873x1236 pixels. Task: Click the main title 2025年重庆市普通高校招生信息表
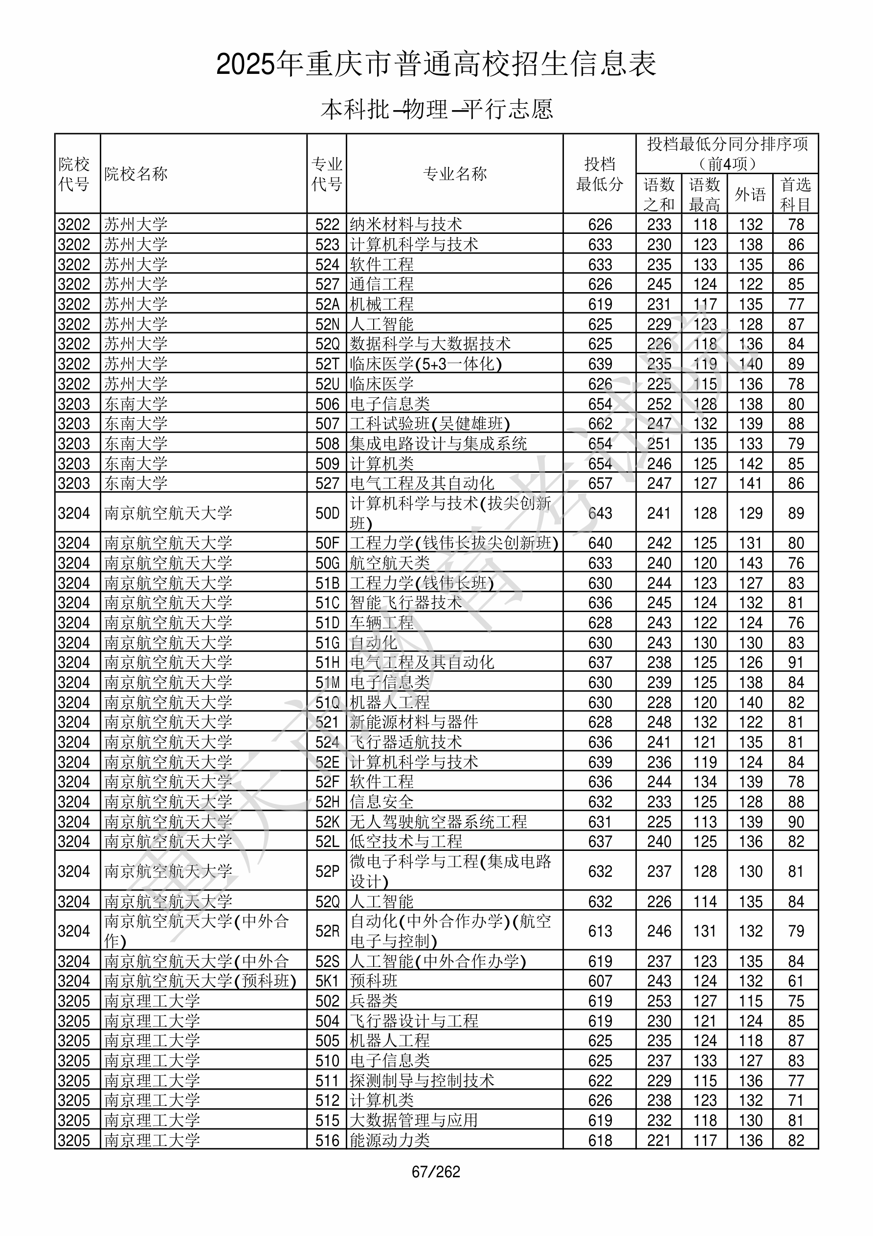coord(436,65)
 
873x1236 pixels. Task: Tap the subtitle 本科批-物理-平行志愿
coord(436,109)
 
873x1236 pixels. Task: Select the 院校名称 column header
coord(135,174)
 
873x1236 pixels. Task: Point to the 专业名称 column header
coord(455,174)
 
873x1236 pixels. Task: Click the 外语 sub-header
coord(750,194)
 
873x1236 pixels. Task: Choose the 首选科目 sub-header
coord(796,194)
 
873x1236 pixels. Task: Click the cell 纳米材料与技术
coord(406,225)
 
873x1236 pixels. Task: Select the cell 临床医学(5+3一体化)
coord(425,364)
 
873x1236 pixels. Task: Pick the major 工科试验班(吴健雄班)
coord(429,424)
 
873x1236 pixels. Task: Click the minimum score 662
coord(600,424)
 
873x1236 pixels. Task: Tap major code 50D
coord(327,513)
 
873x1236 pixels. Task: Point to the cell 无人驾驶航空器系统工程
coord(438,822)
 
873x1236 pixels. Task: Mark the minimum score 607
coord(600,981)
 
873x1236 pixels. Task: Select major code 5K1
coord(327,981)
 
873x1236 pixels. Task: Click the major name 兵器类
coord(374,1001)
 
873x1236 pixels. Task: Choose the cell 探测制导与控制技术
coord(422,1080)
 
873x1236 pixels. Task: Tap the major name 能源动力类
coord(390,1140)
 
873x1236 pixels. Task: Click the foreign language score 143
coord(750,563)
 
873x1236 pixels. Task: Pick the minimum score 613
coord(600,931)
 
